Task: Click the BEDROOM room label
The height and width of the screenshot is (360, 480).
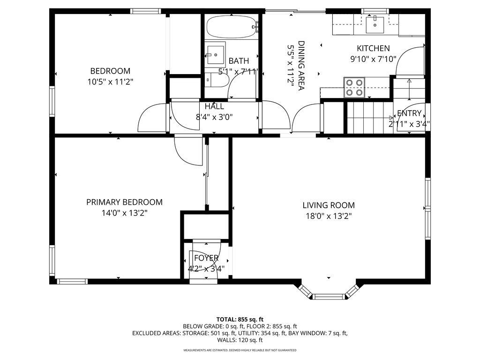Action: coord(110,71)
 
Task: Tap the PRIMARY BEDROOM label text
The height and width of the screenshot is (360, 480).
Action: coord(124,202)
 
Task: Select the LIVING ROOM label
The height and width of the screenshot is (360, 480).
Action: coord(328,205)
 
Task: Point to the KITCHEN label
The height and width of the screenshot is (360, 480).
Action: coord(373,48)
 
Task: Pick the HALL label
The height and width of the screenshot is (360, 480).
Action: coord(214,106)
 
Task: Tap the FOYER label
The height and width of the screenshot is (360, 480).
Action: coord(206,258)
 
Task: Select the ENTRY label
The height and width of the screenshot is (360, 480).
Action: coord(409,113)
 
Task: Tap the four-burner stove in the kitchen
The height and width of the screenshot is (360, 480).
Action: coord(354,87)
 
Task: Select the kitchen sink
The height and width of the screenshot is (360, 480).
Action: coord(375,25)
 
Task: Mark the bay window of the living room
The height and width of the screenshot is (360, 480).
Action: coord(328,294)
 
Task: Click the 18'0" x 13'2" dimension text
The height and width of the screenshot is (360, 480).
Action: coord(328,216)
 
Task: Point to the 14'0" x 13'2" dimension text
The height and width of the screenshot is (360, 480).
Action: coord(124,213)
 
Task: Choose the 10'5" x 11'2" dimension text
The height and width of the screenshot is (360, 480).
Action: coord(110,82)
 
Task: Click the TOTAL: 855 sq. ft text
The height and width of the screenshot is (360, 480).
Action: coord(240,319)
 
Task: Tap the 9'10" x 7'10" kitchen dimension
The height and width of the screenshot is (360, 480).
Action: coord(373,59)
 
